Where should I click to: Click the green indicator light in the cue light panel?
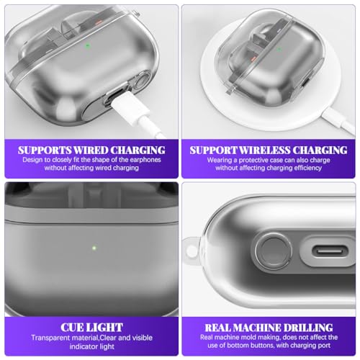coord(94,248)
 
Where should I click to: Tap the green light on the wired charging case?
coord(88,45)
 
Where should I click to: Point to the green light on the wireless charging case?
coord(279,50)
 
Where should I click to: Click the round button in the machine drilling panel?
coord(274,251)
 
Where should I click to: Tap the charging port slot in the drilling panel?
coord(330,251)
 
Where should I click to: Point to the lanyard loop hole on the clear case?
coord(192,251)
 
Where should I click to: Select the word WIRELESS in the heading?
coord(264,150)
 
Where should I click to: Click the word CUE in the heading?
coord(71,328)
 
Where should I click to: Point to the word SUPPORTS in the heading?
coord(45,150)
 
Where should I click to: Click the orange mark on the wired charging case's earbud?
coord(99,22)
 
